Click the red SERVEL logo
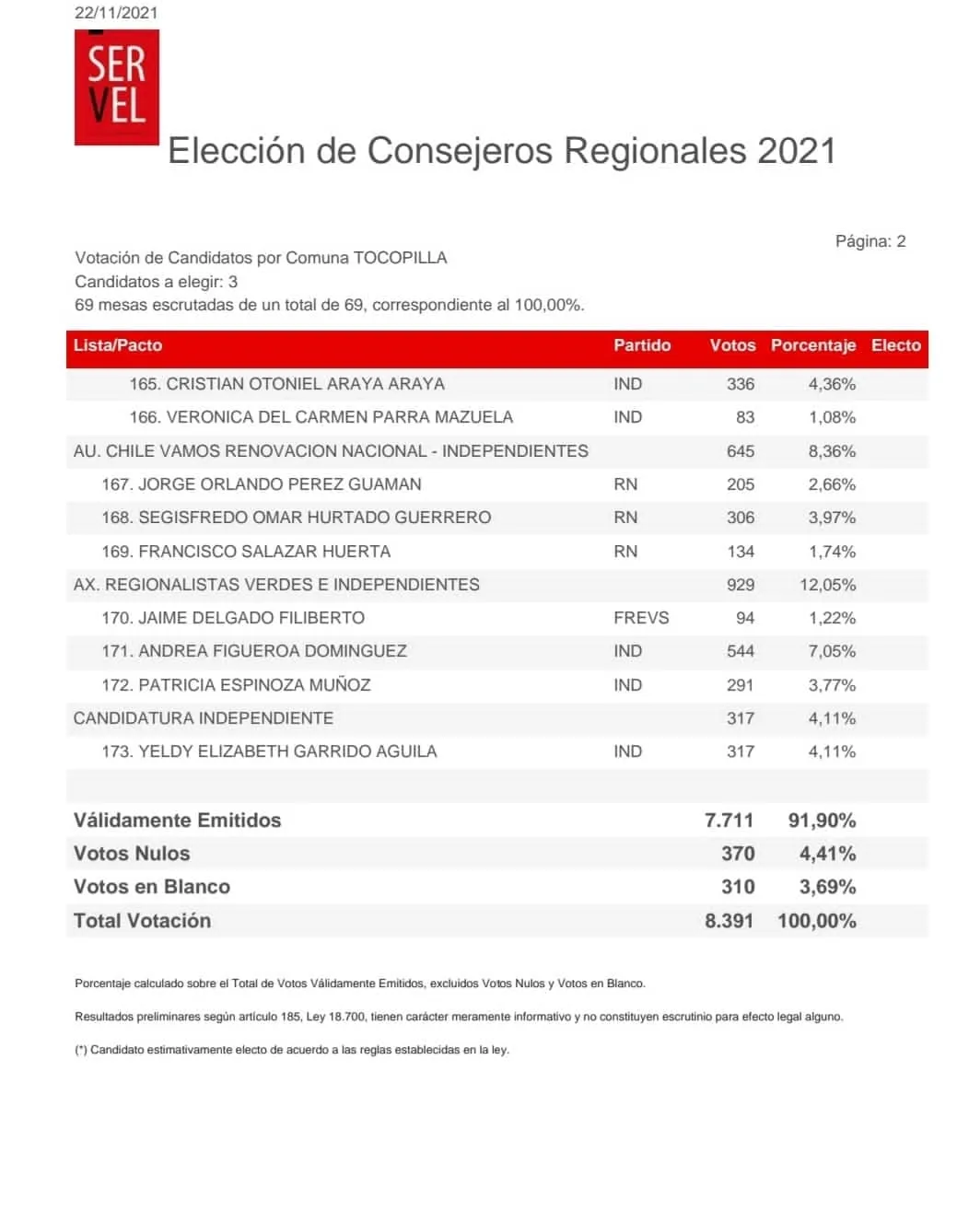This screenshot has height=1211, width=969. (117, 87)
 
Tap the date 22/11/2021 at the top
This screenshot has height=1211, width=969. (116, 13)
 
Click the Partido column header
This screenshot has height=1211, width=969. (642, 345)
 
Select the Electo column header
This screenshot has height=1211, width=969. (895, 345)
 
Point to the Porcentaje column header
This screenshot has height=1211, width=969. (812, 345)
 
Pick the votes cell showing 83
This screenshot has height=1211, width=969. (745, 417)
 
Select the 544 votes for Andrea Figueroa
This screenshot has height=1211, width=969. (741, 651)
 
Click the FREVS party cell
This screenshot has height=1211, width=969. (641, 618)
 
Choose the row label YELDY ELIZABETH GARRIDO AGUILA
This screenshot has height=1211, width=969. (287, 751)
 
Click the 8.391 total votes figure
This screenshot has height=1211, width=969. (729, 921)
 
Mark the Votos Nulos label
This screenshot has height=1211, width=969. (132, 854)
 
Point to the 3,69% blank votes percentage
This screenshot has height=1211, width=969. (827, 887)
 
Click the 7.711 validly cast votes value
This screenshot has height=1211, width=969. (729, 821)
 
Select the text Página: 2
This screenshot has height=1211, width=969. (870, 241)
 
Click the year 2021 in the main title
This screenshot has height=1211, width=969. (797, 151)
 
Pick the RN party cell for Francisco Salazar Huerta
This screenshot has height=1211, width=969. (625, 552)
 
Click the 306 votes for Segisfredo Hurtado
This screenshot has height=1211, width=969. (741, 518)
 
